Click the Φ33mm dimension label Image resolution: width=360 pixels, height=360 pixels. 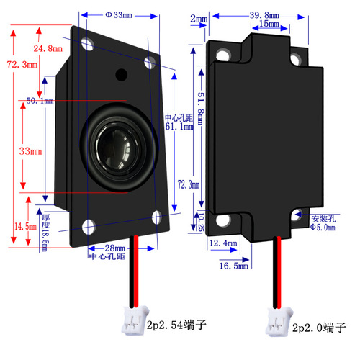tap(119, 14)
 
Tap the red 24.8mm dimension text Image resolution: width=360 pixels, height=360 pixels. tap(48, 49)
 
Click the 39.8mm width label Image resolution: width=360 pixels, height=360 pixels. tap(264, 14)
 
